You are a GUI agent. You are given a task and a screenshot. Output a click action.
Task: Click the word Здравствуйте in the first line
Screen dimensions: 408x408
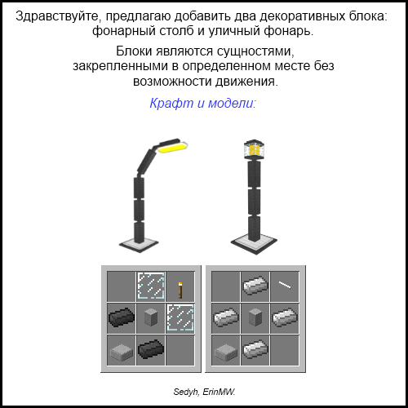[56, 17]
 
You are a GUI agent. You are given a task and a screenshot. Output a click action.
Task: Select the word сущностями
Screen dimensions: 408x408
[255, 51]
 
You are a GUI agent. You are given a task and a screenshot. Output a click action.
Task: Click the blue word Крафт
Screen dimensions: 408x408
[171, 104]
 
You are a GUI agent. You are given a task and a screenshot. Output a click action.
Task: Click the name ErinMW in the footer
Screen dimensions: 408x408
[219, 392]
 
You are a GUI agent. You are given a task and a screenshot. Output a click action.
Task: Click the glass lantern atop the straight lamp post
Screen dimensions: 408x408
[255, 149]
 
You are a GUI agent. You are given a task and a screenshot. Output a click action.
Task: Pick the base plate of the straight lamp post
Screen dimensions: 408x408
[254, 244]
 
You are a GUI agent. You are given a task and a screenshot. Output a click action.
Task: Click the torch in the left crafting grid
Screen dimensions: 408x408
[180, 290]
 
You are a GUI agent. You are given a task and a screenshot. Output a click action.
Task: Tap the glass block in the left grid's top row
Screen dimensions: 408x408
[151, 286]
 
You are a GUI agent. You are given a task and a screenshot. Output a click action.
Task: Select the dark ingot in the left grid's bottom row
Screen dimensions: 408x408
[151, 349]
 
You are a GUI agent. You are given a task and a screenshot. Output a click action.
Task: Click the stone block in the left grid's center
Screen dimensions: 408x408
[150, 317]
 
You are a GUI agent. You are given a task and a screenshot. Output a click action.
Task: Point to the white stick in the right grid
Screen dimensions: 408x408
[285, 285]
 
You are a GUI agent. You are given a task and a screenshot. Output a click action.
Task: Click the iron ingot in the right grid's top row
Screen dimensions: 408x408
[255, 286]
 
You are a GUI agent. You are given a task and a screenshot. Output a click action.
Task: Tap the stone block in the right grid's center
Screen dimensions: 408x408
[255, 317]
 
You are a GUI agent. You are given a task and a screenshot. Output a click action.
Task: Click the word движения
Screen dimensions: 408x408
[246, 82]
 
